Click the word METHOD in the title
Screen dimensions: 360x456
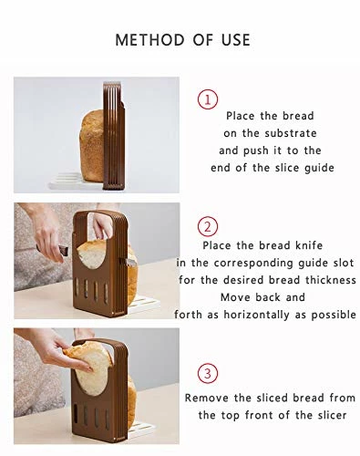coord(150,40)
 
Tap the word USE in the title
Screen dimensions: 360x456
coord(236,40)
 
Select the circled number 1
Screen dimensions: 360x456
coord(208,99)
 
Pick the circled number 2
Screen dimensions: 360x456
coord(208,227)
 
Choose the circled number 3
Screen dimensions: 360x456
coord(208,373)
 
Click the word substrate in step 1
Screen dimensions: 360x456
coord(291,133)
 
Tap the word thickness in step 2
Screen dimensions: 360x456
coord(331,280)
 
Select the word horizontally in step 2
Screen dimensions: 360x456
coord(257,315)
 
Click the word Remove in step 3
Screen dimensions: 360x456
coord(207,398)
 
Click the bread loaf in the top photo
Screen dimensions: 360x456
coord(92,146)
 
